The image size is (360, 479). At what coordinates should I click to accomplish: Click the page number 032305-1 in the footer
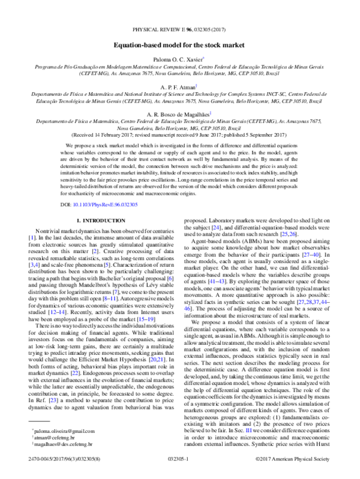click(x=179, y=473)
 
